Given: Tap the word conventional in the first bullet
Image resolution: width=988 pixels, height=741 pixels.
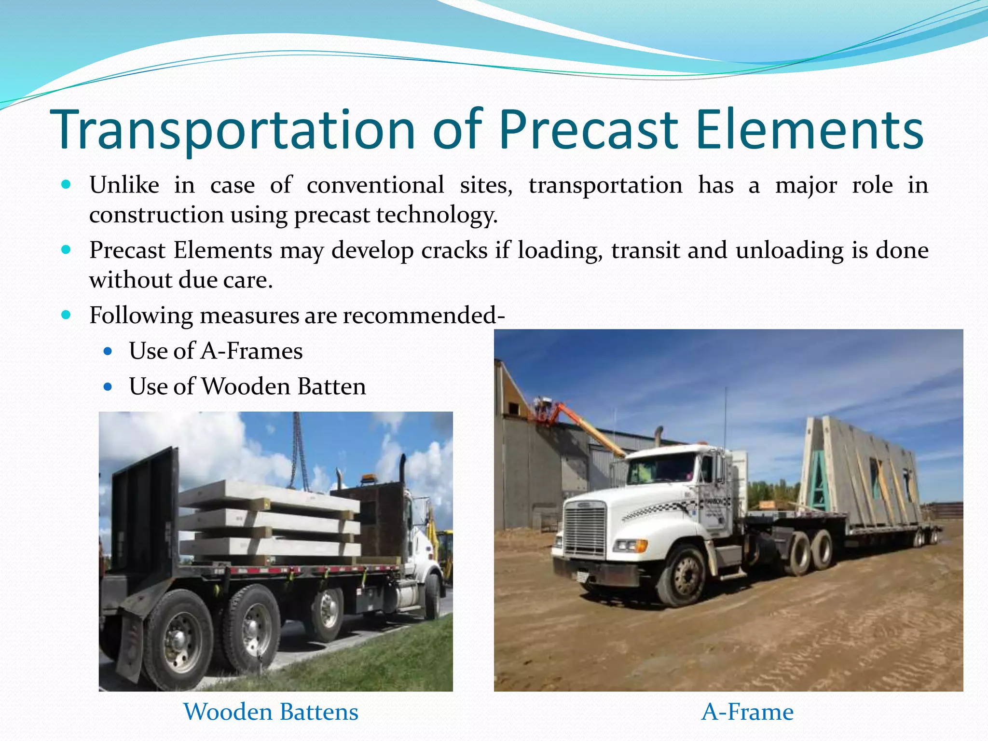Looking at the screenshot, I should (x=375, y=185).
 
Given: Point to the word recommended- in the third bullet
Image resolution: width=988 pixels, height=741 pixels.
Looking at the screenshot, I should (x=424, y=316).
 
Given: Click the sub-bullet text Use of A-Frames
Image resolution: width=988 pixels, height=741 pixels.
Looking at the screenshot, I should (x=216, y=351).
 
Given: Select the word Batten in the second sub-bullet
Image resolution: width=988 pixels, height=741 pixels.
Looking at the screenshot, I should (x=331, y=386).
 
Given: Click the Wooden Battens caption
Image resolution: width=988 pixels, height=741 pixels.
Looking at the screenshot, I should (x=271, y=712).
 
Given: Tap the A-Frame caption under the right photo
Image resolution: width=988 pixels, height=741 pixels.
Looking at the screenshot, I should (x=747, y=712).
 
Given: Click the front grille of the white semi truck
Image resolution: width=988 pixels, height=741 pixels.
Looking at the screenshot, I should (x=585, y=529).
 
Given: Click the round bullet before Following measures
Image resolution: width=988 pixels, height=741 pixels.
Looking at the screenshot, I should (x=67, y=316).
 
